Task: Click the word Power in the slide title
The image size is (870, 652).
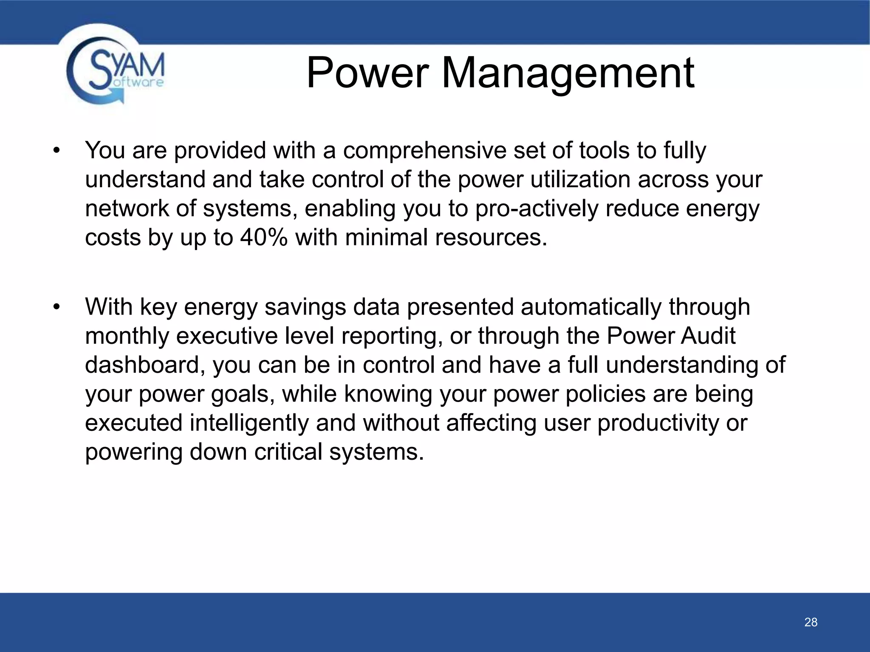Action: coord(366,73)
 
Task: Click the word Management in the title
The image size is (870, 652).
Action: coord(568,73)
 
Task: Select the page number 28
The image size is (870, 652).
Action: coord(811,622)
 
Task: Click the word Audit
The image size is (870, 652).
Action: coord(708,336)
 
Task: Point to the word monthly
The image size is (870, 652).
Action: coord(127,336)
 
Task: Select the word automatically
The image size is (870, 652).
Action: coord(591,307)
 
